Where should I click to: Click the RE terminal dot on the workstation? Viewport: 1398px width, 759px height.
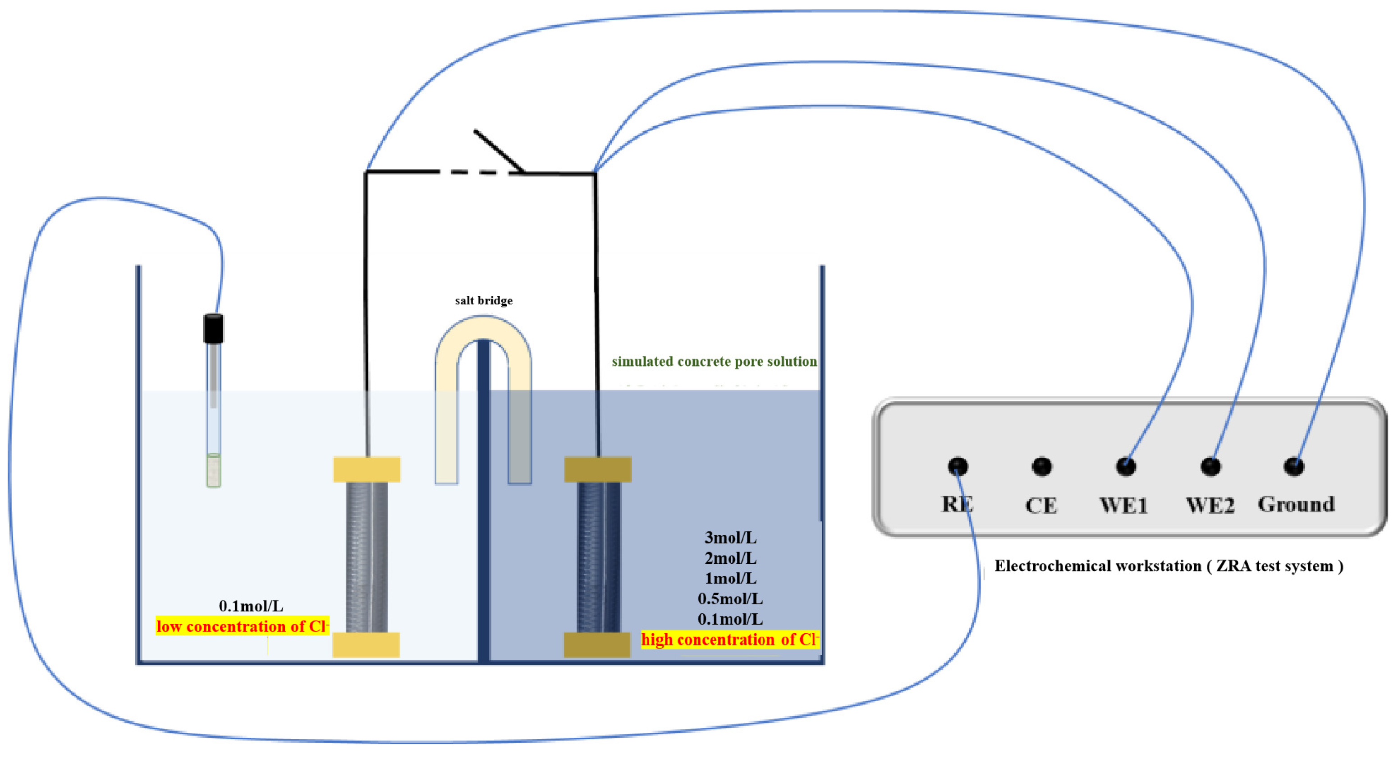click(958, 466)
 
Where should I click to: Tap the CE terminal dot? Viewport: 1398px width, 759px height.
click(1041, 466)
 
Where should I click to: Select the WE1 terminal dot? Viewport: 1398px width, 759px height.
click(1126, 466)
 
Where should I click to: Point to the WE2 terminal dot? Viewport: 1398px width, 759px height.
click(1210, 466)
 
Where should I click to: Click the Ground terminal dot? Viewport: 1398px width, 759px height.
click(1294, 466)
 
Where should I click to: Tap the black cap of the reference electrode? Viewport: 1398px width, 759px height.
click(213, 328)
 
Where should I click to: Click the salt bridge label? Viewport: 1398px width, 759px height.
click(484, 300)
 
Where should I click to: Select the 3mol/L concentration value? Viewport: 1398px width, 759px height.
click(730, 538)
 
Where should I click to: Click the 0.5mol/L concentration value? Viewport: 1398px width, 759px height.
click(730, 599)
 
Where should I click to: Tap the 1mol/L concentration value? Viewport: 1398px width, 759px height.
click(730, 578)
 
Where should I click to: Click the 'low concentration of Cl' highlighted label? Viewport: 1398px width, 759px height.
click(242, 626)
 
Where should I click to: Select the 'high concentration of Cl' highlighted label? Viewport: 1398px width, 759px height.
click(730, 639)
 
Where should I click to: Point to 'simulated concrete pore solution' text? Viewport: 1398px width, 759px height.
click(714, 362)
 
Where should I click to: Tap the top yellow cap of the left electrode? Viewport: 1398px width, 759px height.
click(367, 469)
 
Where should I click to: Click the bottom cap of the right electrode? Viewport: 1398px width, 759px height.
click(597, 644)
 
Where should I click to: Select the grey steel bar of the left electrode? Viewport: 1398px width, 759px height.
click(367, 557)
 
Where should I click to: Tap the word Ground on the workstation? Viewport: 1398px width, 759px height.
click(1296, 504)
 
